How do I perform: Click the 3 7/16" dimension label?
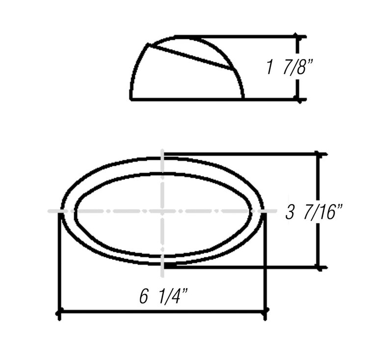click(x=313, y=212)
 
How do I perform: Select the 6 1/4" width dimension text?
click(x=163, y=297)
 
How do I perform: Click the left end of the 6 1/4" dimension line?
click(x=59, y=312)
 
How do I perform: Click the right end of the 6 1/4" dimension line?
click(x=265, y=312)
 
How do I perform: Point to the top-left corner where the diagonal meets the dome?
click(x=148, y=44)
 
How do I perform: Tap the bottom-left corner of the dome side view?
click(x=131, y=99)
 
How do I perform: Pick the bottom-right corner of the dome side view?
click(x=243, y=99)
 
